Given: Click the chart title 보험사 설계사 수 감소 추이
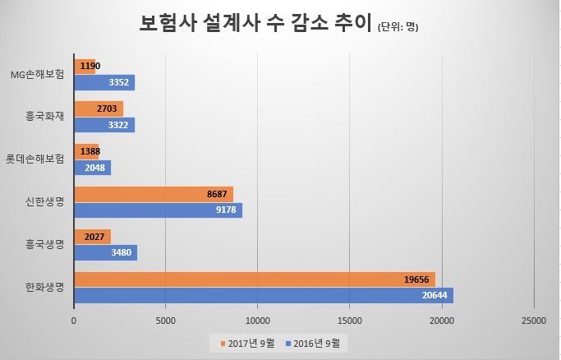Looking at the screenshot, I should click(x=255, y=24).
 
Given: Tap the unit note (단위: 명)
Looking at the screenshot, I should click(x=398, y=27).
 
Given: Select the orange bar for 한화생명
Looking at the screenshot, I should click(x=254, y=279).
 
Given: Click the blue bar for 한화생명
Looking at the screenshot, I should click(x=263, y=295).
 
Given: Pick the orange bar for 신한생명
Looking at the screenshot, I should click(x=153, y=194).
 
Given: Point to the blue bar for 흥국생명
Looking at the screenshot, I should click(x=105, y=252).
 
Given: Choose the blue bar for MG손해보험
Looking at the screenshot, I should click(x=104, y=82).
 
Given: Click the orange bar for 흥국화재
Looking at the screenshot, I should click(x=98, y=108).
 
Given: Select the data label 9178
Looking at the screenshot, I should click(x=228, y=210).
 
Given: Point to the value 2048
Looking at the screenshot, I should click(x=96, y=168).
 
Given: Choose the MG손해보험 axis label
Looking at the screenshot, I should click(x=38, y=74).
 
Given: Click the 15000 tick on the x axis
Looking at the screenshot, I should click(x=350, y=321).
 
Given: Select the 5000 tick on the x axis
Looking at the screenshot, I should click(x=166, y=321).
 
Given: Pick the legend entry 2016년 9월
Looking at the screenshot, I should click(x=315, y=343).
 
